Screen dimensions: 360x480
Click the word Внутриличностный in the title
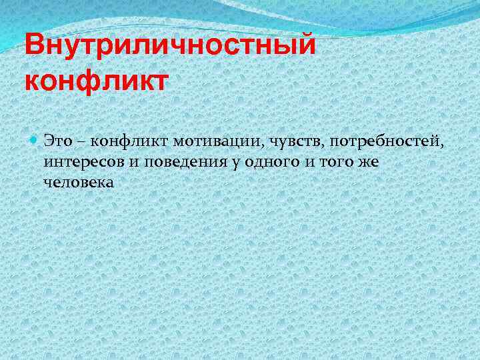coord(169,47)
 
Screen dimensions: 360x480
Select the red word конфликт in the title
coord(97,81)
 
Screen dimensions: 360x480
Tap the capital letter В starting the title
coord(33,47)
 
